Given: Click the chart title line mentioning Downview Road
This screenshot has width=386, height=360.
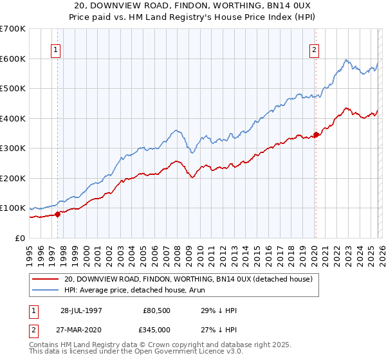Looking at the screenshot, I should [193, 5].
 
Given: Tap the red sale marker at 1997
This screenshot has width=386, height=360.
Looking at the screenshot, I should [58, 214].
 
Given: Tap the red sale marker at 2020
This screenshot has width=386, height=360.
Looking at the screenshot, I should [316, 134].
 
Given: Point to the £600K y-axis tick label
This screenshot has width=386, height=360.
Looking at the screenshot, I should [13, 59].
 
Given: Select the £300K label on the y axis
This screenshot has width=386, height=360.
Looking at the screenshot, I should [13, 148].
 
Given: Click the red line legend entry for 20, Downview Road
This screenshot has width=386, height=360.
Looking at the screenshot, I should [188, 279].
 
